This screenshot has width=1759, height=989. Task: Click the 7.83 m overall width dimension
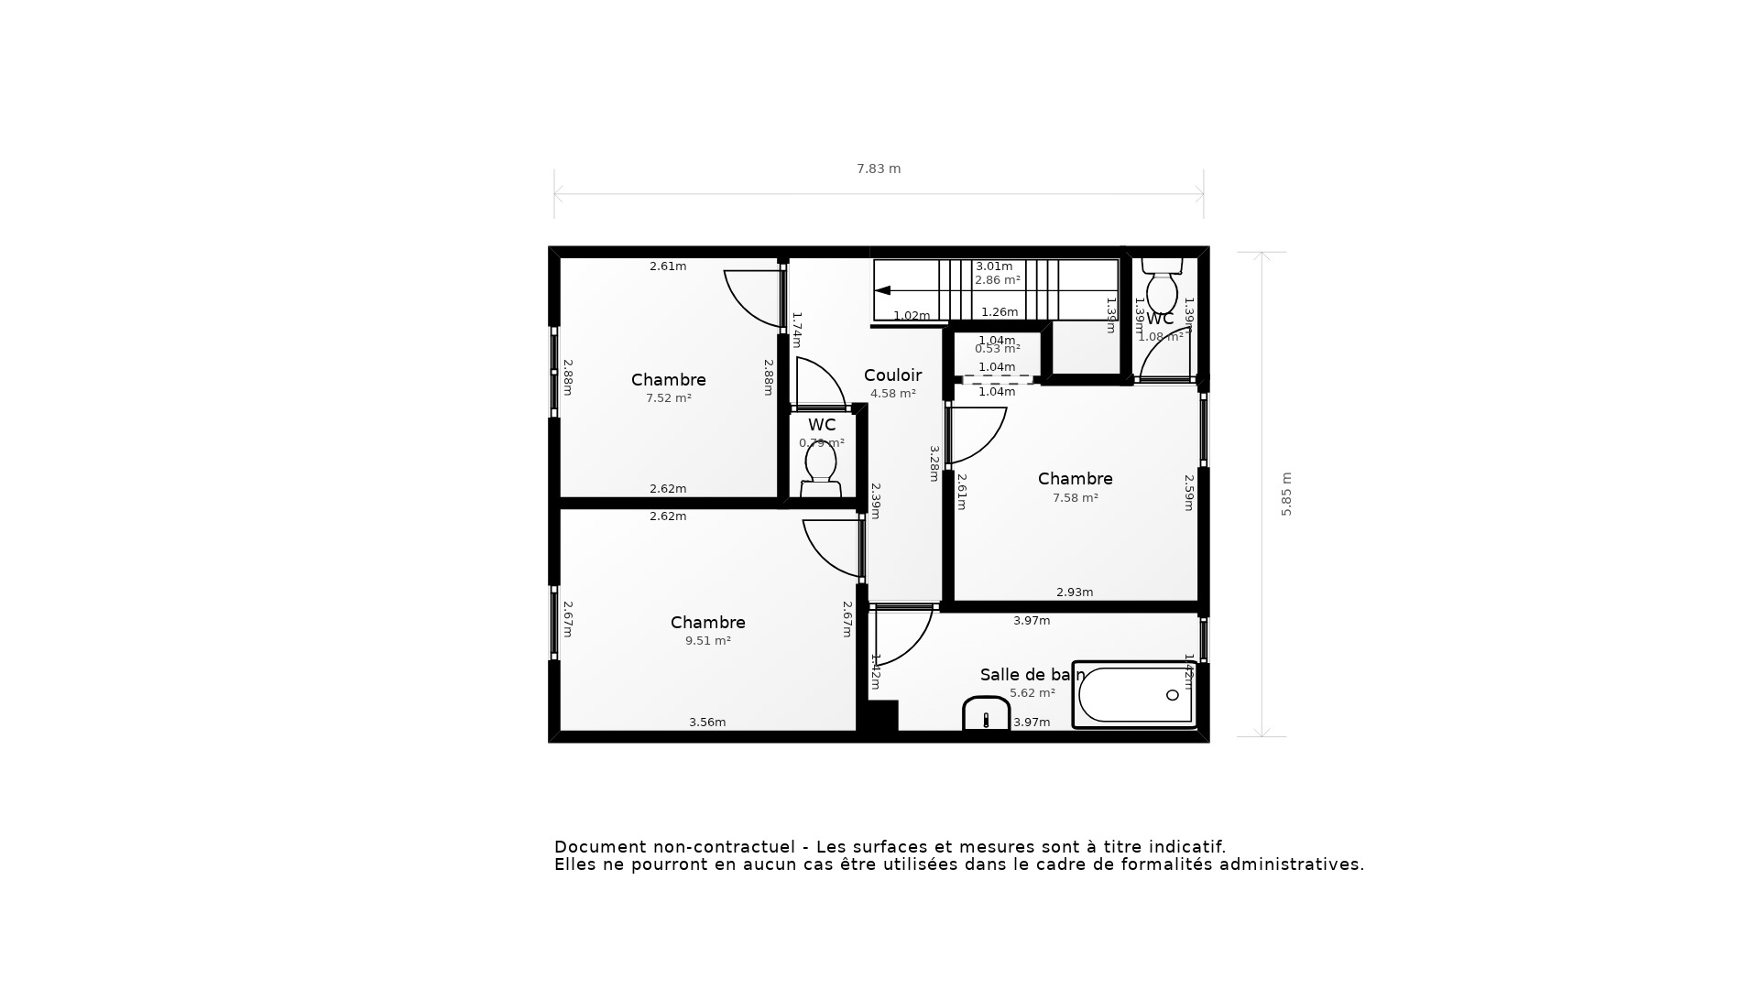[879, 168]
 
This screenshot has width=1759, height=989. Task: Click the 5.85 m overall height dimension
[1286, 494]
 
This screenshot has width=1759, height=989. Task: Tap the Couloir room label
[892, 375]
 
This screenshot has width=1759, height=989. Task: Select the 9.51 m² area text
[708, 641]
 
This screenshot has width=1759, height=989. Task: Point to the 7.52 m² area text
[669, 398]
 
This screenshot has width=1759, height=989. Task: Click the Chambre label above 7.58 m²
[1075, 479]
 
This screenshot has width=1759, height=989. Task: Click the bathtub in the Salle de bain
[1134, 695]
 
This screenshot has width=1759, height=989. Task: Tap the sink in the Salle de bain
[986, 714]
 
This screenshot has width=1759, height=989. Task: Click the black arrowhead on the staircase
[882, 290]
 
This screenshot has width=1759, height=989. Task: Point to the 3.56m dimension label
[707, 723]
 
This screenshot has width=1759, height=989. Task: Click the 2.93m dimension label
[1075, 592]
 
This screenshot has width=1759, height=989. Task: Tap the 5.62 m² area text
[1032, 693]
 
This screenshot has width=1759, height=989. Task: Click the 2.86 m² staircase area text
[997, 280]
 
